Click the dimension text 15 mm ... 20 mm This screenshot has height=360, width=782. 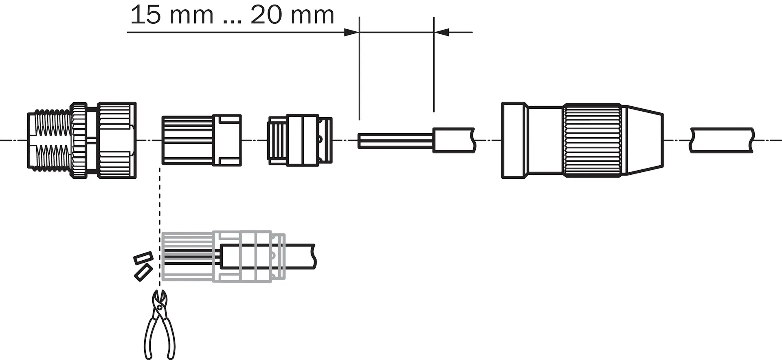tap(232, 15)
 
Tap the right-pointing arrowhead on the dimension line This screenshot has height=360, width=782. tap(351, 32)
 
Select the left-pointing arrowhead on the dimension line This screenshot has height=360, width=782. tap(442, 32)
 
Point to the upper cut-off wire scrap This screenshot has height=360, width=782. tap(143, 258)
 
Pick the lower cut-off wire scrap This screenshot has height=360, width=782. tap(143, 272)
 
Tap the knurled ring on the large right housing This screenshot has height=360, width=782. tap(593, 140)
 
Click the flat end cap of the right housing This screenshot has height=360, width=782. tap(514, 140)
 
